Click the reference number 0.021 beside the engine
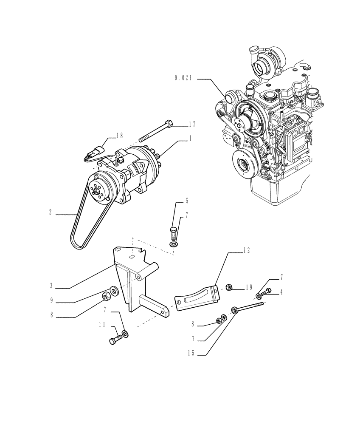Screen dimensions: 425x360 (183, 78)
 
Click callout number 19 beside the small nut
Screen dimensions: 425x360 (249, 288)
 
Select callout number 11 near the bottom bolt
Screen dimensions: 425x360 (102, 325)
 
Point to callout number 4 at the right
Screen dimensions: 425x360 (281, 293)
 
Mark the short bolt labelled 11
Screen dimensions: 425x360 (115, 340)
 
